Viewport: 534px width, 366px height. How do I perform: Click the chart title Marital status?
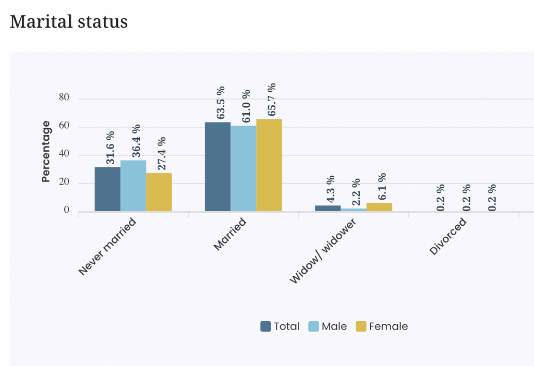click(69, 22)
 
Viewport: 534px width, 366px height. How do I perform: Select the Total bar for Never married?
click(107, 189)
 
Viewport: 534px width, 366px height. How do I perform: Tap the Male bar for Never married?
click(133, 186)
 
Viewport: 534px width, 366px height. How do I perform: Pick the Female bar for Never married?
click(159, 192)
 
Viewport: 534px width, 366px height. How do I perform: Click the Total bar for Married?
click(217, 167)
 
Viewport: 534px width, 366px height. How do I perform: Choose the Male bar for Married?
click(244, 168)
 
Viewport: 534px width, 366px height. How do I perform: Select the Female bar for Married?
click(269, 165)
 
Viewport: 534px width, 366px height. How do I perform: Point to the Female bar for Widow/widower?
click(380, 207)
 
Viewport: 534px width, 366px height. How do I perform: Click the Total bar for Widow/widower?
click(328, 209)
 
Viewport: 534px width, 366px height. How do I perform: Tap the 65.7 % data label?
click(272, 100)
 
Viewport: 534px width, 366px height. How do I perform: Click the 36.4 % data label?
click(136, 141)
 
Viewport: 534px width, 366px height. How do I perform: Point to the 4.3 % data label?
click(331, 189)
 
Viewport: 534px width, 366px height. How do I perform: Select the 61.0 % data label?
click(246, 106)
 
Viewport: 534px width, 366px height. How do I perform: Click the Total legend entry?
click(280, 326)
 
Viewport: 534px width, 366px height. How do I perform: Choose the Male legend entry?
click(327, 326)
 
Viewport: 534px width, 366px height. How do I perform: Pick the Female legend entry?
click(382, 326)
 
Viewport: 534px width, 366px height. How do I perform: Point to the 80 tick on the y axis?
click(64, 97)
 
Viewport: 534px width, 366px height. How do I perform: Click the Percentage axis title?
click(46, 152)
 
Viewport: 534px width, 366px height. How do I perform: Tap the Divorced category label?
click(448, 236)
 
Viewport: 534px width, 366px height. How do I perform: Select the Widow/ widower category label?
click(323, 251)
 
